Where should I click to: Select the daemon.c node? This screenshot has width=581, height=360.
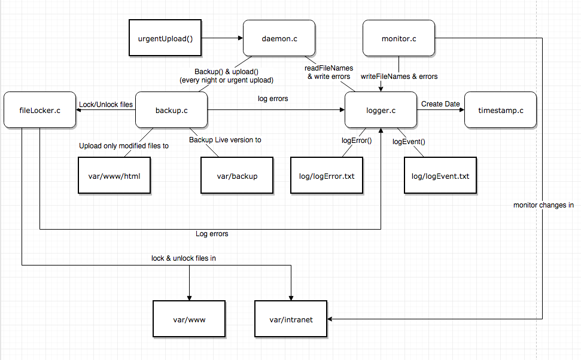pyautogui.click(x=279, y=38)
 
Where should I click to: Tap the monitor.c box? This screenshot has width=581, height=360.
pyautogui.click(x=399, y=38)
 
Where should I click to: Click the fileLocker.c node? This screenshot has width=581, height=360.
pyautogui.click(x=39, y=110)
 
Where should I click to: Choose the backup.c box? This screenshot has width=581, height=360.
pyautogui.click(x=172, y=110)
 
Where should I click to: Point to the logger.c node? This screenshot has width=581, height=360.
pyautogui.click(x=381, y=110)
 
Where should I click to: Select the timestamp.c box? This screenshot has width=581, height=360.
pyautogui.click(x=500, y=110)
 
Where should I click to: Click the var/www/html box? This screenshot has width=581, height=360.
pyautogui.click(x=115, y=176)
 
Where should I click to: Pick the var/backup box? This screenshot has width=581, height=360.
pyautogui.click(x=237, y=176)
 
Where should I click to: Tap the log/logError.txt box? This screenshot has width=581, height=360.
pyautogui.click(x=327, y=176)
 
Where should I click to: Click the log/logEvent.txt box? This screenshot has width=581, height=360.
pyautogui.click(x=440, y=176)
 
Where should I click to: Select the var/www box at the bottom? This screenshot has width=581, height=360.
pyautogui.click(x=189, y=319)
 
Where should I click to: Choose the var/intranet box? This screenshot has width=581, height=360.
pyautogui.click(x=291, y=319)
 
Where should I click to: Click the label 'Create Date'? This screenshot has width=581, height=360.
pyautogui.click(x=440, y=104)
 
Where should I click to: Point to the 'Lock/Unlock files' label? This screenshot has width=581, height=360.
pyautogui.click(x=106, y=105)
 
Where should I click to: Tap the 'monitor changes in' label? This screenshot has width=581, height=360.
pyautogui.click(x=543, y=205)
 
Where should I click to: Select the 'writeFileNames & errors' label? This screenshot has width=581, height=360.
pyautogui.click(x=399, y=77)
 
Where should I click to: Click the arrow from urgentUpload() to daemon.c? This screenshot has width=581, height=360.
pyautogui.click(x=221, y=38)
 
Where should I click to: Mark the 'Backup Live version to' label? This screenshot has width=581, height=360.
pyautogui.click(x=225, y=140)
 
